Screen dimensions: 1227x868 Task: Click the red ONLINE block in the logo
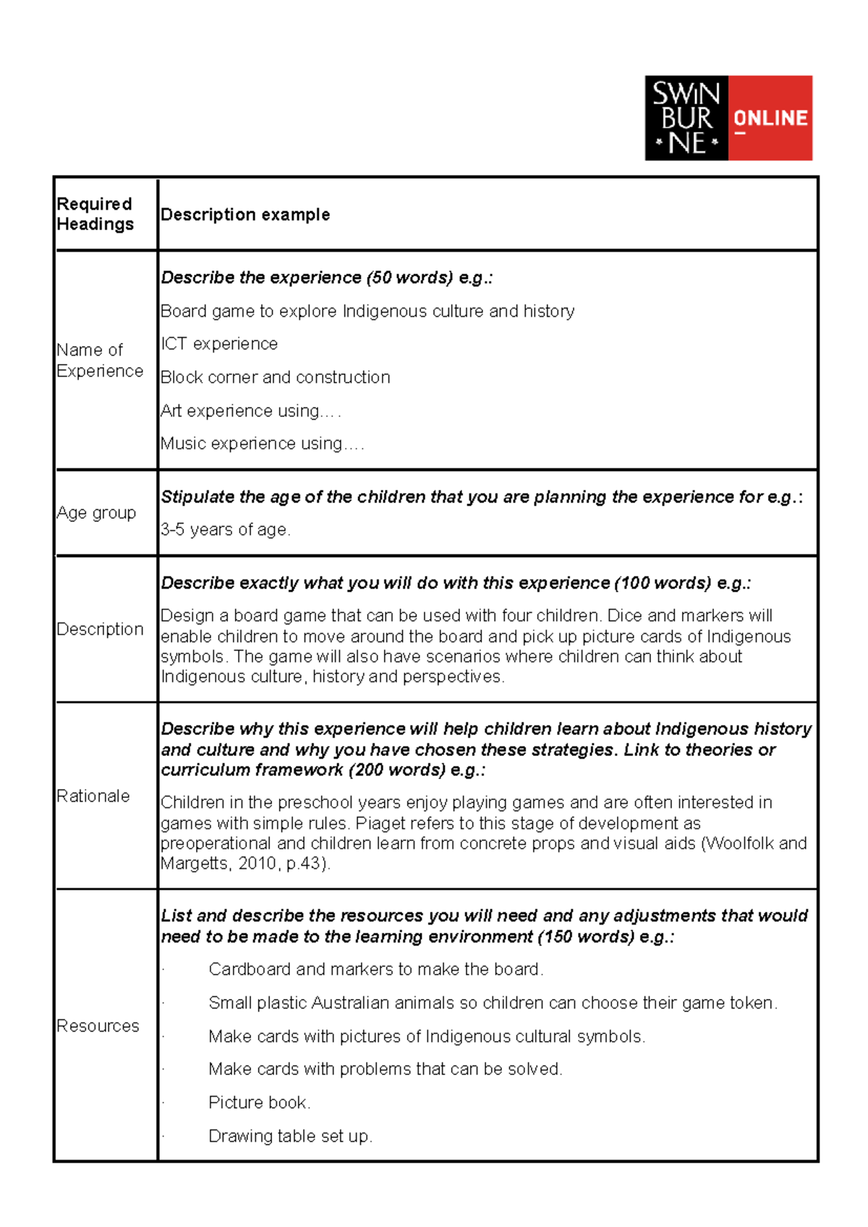tap(770, 118)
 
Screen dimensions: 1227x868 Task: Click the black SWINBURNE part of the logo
tap(686, 118)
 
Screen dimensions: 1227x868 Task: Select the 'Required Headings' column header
tap(95, 214)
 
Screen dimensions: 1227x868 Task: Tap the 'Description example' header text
tap(245, 215)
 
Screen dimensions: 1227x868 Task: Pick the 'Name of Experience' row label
tap(99, 360)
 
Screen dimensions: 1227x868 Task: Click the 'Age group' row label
tap(96, 513)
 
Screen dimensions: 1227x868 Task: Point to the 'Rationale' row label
tap(93, 796)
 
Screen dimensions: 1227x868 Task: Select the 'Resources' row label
tap(98, 1026)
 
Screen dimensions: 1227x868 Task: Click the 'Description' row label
tap(100, 629)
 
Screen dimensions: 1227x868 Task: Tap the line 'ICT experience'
tap(219, 344)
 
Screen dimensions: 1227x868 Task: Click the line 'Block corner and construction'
tap(275, 377)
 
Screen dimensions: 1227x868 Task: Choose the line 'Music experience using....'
tap(262, 443)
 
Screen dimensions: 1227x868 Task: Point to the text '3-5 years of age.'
tap(225, 530)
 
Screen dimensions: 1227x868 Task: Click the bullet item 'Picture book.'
tap(259, 1103)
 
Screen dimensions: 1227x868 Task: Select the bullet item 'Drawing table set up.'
tap(290, 1136)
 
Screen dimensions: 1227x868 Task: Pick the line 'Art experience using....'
tap(250, 411)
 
